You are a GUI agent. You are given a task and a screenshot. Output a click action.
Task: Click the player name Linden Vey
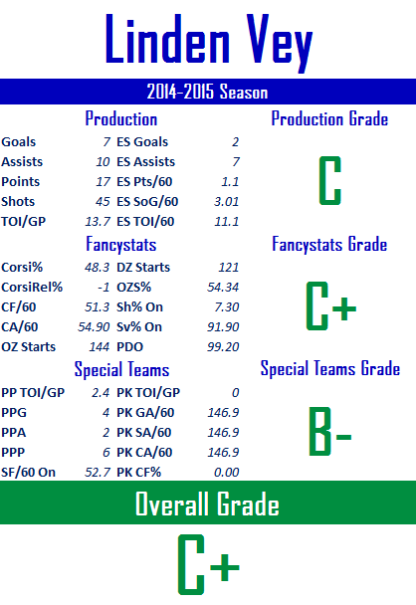208,41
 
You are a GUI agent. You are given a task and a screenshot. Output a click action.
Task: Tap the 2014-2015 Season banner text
207,92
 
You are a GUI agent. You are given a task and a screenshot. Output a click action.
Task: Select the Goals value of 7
106,142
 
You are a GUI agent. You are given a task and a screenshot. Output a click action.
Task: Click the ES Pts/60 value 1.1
230,182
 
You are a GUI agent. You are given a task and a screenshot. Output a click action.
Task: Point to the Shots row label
18,201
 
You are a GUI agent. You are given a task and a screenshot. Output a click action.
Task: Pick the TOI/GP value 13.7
98,222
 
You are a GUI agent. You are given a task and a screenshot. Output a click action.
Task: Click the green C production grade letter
330,180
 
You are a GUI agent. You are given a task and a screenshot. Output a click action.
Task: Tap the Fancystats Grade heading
329,244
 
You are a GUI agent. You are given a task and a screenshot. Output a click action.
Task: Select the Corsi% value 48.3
98,268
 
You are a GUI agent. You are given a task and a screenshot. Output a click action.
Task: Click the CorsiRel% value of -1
104,287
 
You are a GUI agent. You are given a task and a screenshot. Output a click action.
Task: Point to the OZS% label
133,287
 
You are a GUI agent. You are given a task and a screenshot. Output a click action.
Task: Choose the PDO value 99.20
223,347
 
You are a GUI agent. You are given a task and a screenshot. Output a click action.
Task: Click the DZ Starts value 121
229,268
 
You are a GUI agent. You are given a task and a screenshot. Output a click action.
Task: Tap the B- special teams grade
330,432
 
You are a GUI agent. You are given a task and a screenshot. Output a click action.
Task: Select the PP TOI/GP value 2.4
101,393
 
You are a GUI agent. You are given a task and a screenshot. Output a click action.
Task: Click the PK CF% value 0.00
227,473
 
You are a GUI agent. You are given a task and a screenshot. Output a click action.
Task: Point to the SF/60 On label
28,473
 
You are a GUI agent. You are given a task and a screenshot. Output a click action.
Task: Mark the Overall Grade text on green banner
207,504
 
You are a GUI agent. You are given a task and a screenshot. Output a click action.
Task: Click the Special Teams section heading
121,369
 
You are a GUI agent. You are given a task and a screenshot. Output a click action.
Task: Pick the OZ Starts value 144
100,347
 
